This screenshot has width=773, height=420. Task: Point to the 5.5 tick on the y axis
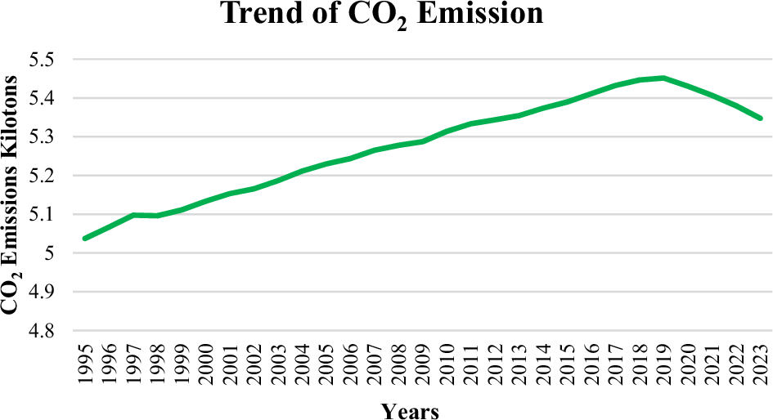[52, 60]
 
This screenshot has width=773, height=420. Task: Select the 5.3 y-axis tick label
[52, 137]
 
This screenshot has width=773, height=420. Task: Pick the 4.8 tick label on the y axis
[52, 331]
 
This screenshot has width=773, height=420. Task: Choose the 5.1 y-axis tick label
[52, 215]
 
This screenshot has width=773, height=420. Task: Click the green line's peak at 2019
[663, 78]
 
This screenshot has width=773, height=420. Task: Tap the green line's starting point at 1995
[85, 238]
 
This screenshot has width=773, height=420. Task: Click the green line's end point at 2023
[760, 118]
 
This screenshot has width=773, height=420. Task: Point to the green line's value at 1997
[133, 215]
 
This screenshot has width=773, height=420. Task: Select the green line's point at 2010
[447, 131]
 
